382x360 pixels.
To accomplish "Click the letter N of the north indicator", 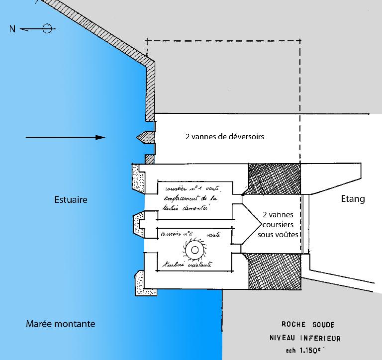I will [12, 29].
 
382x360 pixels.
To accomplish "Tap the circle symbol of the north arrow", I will [47, 28].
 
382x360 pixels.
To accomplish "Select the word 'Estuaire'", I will [71, 199].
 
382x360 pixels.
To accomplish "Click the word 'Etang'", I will [353, 199].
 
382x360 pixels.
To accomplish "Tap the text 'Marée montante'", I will [60, 324].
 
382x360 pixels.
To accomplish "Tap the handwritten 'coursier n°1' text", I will [177, 189].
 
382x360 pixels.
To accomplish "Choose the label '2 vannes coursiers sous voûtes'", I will [278, 225].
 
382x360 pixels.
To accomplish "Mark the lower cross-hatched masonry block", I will [274, 270].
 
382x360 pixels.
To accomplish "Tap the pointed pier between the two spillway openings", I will [143, 137].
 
